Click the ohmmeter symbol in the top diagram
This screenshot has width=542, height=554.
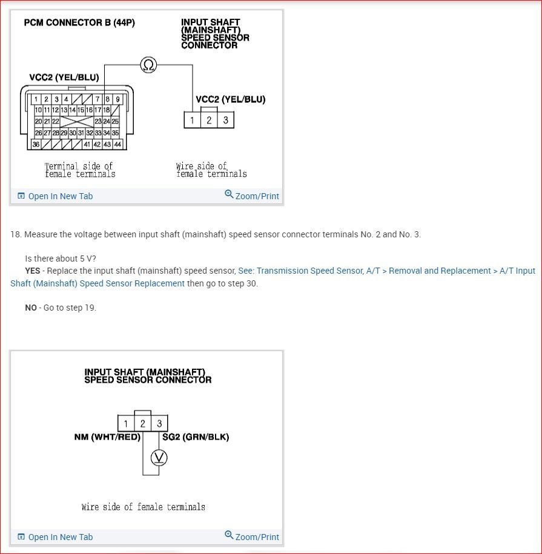click(148, 64)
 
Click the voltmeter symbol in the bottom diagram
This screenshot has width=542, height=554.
click(159, 458)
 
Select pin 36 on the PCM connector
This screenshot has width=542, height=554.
click(37, 144)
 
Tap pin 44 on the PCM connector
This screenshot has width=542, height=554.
click(117, 144)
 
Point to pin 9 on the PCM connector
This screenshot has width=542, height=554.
click(118, 99)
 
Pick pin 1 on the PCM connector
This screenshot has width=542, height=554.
click(37, 99)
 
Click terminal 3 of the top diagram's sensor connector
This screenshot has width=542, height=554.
click(225, 120)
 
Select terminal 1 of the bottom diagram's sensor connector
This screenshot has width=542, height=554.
click(125, 423)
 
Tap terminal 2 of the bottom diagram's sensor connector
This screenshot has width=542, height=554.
click(142, 423)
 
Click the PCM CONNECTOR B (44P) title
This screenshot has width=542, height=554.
click(79, 22)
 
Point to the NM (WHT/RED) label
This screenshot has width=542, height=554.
click(107, 437)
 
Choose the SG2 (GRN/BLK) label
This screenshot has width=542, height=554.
click(196, 437)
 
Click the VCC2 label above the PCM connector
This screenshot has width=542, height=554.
click(64, 77)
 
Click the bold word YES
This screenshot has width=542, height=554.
click(33, 271)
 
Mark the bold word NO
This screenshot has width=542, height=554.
click(31, 308)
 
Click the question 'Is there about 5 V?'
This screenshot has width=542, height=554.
click(61, 259)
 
